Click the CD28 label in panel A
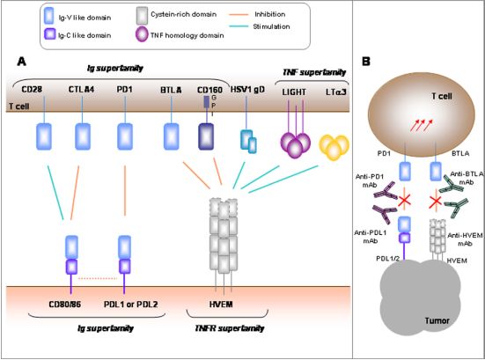(32, 90)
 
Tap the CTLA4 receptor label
(81, 90)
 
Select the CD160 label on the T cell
(209, 90)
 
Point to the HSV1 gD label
(247, 90)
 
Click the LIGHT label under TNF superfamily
(294, 92)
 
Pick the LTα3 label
(336, 92)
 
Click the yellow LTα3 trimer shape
(334, 147)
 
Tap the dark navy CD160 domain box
(206, 136)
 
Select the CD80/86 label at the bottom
(65, 305)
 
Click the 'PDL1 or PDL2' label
(131, 305)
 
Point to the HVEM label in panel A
(221, 305)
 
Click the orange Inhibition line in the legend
(239, 15)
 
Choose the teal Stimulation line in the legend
(239, 26)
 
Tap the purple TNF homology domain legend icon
(142, 34)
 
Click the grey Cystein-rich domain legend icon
(142, 16)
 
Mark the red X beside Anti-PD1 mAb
(404, 201)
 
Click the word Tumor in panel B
(437, 320)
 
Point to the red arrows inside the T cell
(422, 125)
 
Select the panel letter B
(366, 62)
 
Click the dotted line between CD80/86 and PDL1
(98, 279)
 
